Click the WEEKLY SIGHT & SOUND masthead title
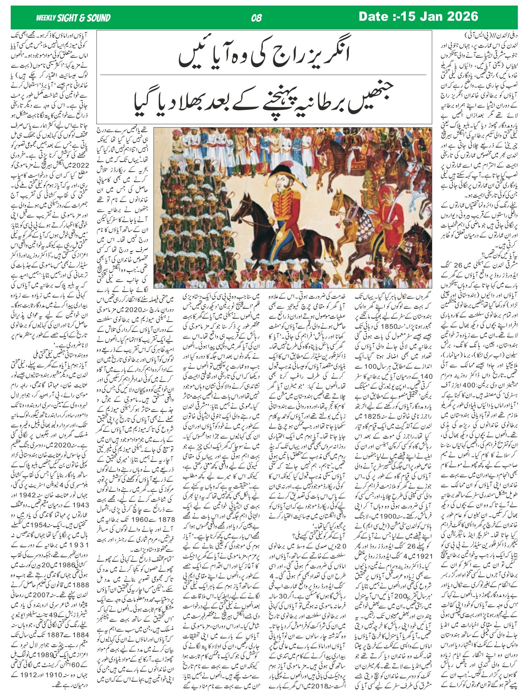point(73,18)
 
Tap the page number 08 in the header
point(257,18)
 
